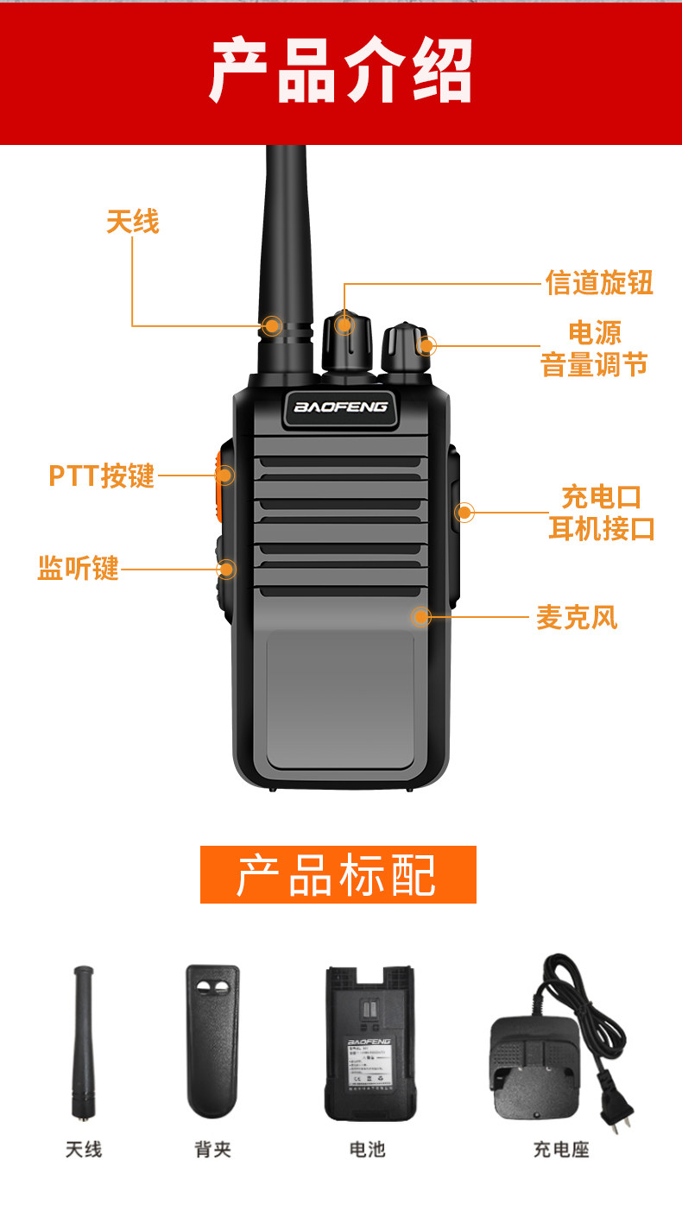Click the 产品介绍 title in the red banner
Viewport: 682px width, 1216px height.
pyautogui.click(x=341, y=71)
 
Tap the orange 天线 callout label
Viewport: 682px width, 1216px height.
pyautogui.click(x=133, y=222)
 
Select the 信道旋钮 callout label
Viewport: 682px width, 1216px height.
pyautogui.click(x=599, y=282)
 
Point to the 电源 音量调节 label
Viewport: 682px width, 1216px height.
pyautogui.click(x=594, y=349)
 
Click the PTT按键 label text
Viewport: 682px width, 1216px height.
pyautogui.click(x=101, y=476)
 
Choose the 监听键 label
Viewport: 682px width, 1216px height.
pyautogui.click(x=78, y=568)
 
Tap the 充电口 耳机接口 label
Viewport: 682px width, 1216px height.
pyautogui.click(x=602, y=513)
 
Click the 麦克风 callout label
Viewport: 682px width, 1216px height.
pyautogui.click(x=577, y=617)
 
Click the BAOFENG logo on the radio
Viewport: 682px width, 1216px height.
pyautogui.click(x=341, y=406)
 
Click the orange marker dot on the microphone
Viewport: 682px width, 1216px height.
pyautogui.click(x=421, y=616)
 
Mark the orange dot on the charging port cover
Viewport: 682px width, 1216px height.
pyautogui.click(x=464, y=513)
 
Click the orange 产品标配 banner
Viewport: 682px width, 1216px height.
pyautogui.click(x=338, y=874)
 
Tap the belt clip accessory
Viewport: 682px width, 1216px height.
pyautogui.click(x=212, y=1040)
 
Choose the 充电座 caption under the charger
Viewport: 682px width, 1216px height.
pyautogui.click(x=560, y=1150)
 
